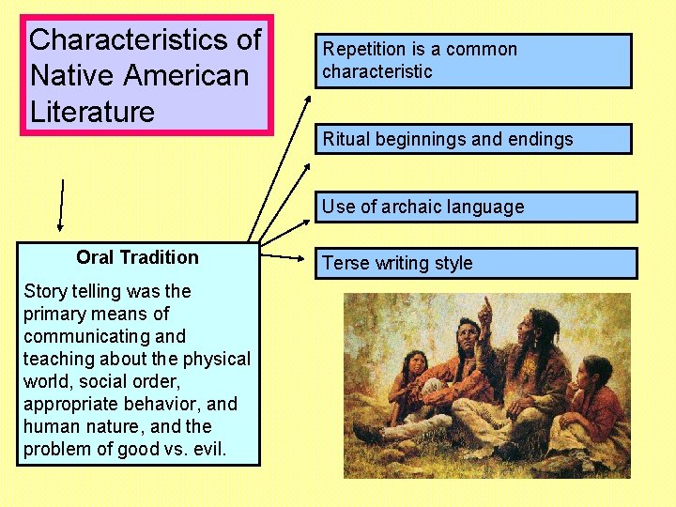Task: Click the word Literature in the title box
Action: [x=92, y=112]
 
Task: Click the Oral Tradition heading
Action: [x=137, y=257]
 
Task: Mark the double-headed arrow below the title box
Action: [x=62, y=204]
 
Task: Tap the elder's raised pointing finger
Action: [x=484, y=305]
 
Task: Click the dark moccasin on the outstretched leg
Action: [x=369, y=435]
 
